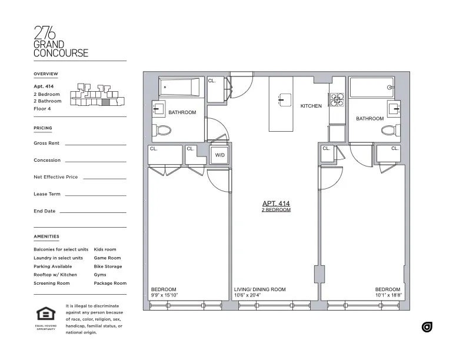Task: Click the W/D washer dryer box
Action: tap(219, 155)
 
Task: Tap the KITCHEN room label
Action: tap(311, 106)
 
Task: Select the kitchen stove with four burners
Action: tap(337, 100)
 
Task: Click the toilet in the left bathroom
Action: tap(162, 130)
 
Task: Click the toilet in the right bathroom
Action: tap(389, 130)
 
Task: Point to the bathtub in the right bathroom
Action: tap(371, 88)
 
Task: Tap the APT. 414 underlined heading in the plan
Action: tap(276, 204)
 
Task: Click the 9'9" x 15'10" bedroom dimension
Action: tap(164, 295)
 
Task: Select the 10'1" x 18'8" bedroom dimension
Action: tap(388, 295)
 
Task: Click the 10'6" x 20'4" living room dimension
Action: tap(259, 295)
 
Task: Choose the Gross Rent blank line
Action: tap(95, 144)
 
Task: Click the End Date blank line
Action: tap(93, 212)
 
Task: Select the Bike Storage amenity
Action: tap(108, 266)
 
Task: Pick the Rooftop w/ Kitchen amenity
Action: tap(55, 275)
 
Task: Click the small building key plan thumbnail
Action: tap(98, 96)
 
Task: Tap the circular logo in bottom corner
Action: tap(427, 327)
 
